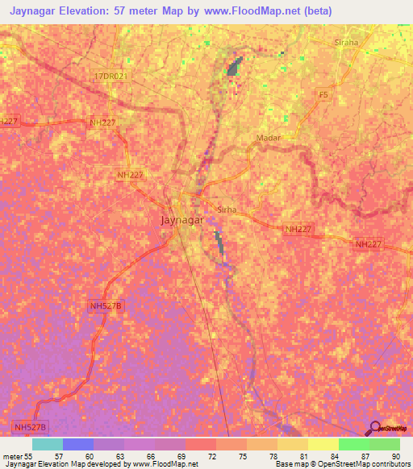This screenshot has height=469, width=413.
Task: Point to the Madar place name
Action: point(268,138)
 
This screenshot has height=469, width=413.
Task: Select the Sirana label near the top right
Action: point(346,42)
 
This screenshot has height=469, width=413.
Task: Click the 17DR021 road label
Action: point(110,76)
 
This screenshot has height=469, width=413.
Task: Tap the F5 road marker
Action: point(323,95)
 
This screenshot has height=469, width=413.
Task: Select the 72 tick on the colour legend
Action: point(211,455)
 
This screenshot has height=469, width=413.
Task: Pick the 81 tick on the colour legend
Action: point(302,455)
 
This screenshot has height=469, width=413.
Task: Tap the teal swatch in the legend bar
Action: point(48,444)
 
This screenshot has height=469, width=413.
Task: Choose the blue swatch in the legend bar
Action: point(78,444)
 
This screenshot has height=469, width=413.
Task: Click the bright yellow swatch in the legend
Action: point(323,444)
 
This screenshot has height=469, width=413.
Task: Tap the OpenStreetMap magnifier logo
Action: point(374,428)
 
